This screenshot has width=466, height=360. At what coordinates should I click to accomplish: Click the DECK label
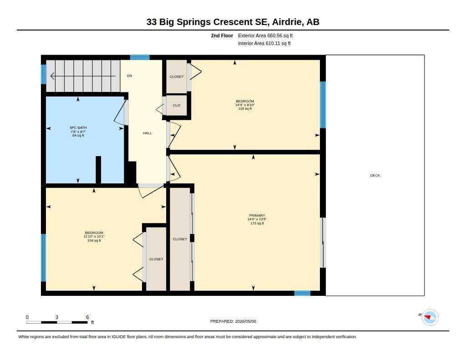coord(375,175)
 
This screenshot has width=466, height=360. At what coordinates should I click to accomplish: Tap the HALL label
coord(147,133)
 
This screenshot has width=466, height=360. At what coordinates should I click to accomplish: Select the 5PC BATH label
coord(78,128)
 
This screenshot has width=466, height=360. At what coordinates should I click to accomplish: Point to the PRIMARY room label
coord(257,216)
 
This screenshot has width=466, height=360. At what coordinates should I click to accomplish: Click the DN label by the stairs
coord(130,76)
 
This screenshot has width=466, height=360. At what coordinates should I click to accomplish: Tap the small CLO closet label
coord(177,105)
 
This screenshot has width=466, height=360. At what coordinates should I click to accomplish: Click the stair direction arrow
coord(83,76)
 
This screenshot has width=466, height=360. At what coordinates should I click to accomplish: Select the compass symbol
coord(430,318)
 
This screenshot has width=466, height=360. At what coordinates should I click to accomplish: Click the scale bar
coord(57,322)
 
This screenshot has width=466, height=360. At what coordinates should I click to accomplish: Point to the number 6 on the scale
coord(87,317)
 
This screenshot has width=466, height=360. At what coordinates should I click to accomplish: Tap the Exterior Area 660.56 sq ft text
coord(265,35)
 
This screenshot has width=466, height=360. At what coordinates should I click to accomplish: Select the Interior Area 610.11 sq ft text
coord(264,43)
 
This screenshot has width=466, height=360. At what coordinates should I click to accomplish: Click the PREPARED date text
coord(233,321)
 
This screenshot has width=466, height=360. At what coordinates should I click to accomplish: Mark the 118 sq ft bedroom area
coord(245,109)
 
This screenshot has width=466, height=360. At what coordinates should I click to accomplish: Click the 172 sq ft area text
coord(257,223)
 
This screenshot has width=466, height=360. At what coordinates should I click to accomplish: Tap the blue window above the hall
coord(140,57)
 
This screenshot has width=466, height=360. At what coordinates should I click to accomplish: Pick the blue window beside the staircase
coord(43,74)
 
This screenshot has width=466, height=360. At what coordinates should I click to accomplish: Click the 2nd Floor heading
coord(222,35)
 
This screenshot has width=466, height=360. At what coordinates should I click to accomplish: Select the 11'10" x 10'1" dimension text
coord(94,237)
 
